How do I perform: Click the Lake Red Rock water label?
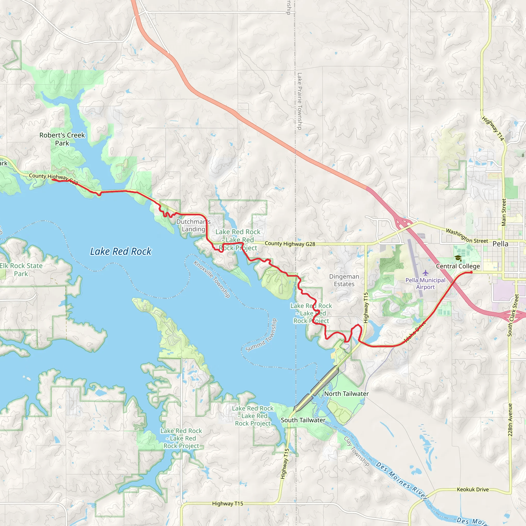121,251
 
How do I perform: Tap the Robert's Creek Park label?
62,139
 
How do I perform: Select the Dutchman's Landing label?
193,226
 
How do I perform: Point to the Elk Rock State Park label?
21,269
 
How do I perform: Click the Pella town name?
500,244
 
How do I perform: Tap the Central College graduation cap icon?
458,258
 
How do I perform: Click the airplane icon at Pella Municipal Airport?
426,273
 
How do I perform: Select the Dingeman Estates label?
344,280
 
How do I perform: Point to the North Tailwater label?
346,394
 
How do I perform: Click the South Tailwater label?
303,420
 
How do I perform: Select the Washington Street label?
467,236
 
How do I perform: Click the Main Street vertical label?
504,212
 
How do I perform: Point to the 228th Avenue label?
510,420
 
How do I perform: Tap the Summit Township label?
261,335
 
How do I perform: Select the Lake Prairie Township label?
299,101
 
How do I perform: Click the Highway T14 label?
493,128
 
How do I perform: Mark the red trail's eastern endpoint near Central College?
471,272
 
